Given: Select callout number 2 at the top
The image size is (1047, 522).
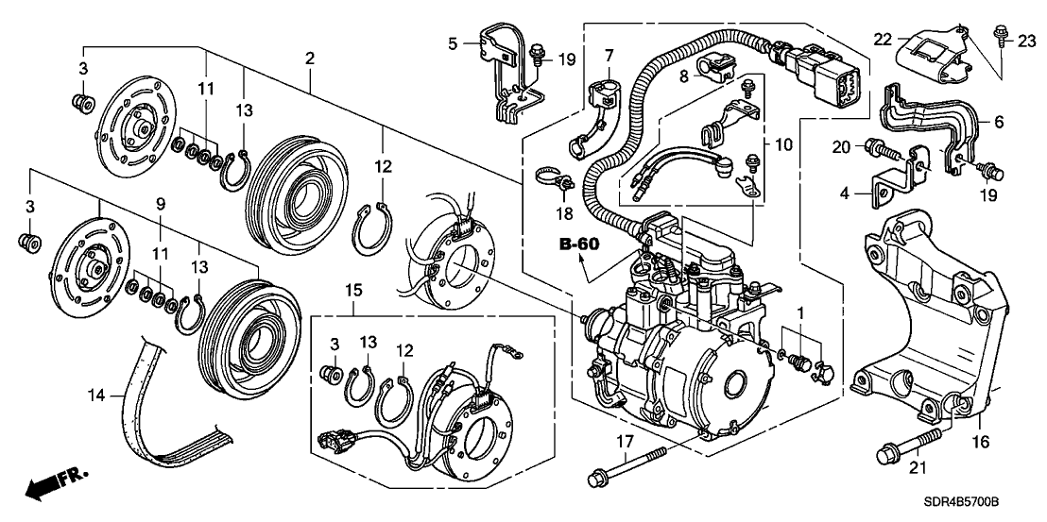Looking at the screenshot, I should pyautogui.click(x=309, y=59).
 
